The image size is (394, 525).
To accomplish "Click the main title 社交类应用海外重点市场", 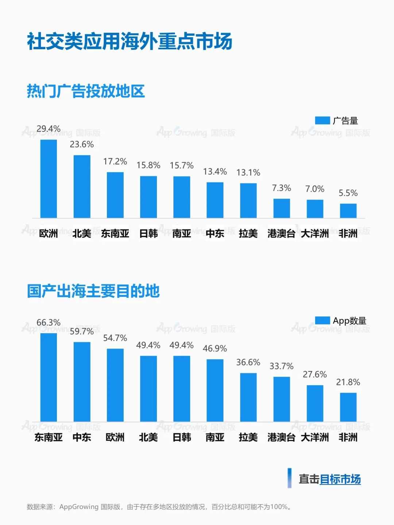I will pyautogui.click(x=130, y=41).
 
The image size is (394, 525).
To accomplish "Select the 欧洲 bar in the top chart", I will pyautogui.click(x=49, y=179).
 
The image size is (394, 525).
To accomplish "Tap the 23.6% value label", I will pyautogui.click(x=82, y=144).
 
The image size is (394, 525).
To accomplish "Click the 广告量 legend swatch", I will pyautogui.click(x=322, y=120).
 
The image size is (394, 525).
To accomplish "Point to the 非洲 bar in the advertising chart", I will pyautogui.click(x=348, y=211).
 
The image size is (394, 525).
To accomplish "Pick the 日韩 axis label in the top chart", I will pyautogui.click(x=148, y=233).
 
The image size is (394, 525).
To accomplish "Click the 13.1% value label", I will pyautogui.click(x=248, y=172).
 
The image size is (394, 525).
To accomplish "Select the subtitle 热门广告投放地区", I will pyautogui.click(x=86, y=91).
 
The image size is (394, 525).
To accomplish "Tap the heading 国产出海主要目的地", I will pyautogui.click(x=93, y=291).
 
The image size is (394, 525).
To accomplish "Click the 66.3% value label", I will pyautogui.click(x=49, y=322).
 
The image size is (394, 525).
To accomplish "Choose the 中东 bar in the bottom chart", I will pyautogui.click(x=82, y=381).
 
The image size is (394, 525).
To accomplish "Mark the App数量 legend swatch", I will pyautogui.click(x=322, y=320).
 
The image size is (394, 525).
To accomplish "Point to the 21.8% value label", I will pyautogui.click(x=348, y=382).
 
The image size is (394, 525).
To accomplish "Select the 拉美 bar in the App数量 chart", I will pyautogui.click(x=248, y=397).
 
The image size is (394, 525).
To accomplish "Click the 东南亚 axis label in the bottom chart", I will pyautogui.click(x=49, y=437).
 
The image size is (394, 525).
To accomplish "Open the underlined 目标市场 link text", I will pyautogui.click(x=340, y=479).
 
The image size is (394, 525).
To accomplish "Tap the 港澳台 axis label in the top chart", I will pyautogui.click(x=281, y=233).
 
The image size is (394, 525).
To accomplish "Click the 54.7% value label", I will pyautogui.click(x=115, y=338).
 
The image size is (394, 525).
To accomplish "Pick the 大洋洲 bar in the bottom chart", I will pyautogui.click(x=315, y=403).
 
